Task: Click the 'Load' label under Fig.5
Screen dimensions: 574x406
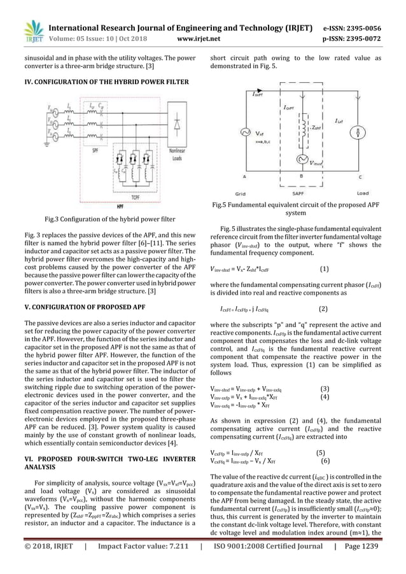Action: click(363, 192)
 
